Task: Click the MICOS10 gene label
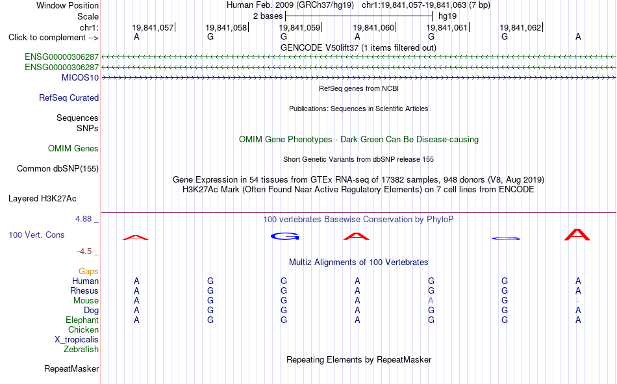point(80,77)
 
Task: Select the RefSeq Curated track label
point(69,97)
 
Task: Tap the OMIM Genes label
point(73,149)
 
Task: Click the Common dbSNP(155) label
point(58,168)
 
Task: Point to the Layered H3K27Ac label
point(42,199)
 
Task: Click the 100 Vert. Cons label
point(36,235)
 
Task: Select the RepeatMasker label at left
point(71,368)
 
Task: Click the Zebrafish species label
point(81,349)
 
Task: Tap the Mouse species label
point(86,300)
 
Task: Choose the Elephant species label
point(82,320)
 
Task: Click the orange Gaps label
point(88,271)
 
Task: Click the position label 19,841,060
point(373,27)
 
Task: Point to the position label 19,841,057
point(153,27)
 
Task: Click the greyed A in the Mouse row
point(431,300)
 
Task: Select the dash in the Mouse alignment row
point(577,301)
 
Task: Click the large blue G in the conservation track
point(285,237)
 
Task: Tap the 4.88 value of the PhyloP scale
point(83,218)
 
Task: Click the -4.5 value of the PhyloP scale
point(84,251)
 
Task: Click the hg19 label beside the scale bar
point(447,16)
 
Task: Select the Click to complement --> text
point(53,38)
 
